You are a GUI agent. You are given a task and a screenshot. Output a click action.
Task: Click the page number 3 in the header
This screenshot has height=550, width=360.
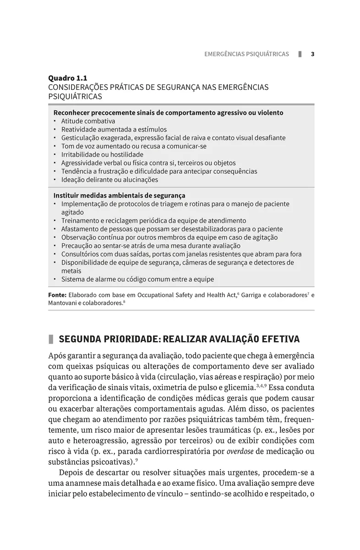pos(312,54)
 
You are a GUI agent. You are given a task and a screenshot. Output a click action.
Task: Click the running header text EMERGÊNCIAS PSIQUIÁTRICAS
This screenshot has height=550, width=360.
pos(246,54)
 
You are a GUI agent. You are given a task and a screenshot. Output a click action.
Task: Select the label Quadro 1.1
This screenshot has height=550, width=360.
pos(67,78)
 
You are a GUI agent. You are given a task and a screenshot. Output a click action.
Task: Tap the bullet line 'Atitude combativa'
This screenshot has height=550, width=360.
pos(88,121)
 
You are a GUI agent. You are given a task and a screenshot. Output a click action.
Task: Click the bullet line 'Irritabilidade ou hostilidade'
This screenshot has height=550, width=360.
pos(102,154)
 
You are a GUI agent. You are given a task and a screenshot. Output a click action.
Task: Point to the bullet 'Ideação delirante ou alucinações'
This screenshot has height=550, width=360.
pos(109,180)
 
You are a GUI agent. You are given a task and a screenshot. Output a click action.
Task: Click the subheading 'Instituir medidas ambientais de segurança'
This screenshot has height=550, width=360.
pos(119,195)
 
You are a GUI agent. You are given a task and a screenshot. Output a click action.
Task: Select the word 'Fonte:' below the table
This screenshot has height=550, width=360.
pos(57,295)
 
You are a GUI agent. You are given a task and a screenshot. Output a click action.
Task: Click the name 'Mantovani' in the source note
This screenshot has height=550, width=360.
pos(63,303)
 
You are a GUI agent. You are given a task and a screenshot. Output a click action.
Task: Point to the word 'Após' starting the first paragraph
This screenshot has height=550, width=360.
pos(57,356)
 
